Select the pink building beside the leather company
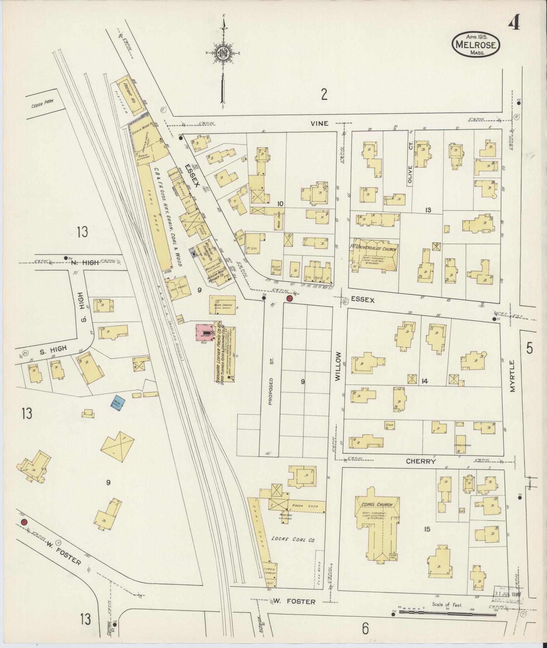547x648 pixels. tap(204, 333)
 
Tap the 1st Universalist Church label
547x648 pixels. tap(374, 248)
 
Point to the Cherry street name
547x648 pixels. tap(421, 461)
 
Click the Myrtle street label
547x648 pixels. tap(512, 376)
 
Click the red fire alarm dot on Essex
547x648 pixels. tap(289, 298)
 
